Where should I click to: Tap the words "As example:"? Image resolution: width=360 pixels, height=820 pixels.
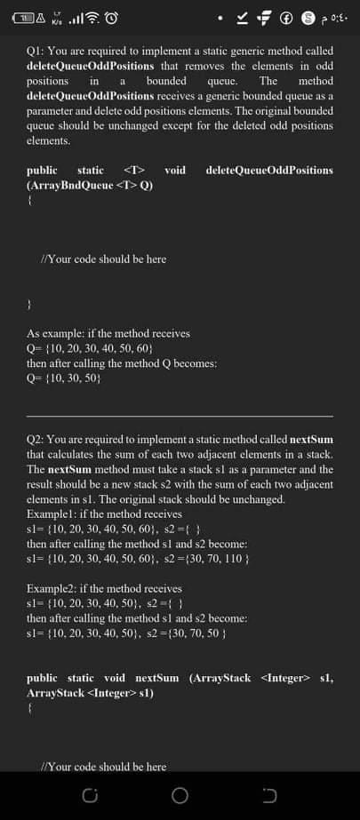(53, 333)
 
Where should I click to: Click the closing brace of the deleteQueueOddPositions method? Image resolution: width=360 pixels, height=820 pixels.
(30, 303)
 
